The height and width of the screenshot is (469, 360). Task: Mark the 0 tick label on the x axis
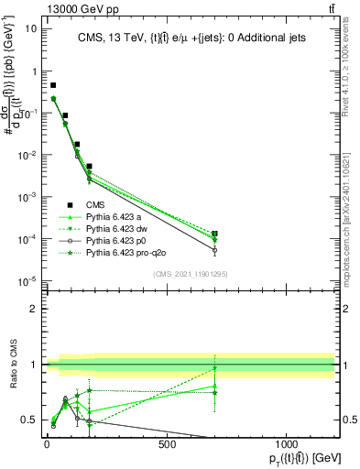click(47, 445)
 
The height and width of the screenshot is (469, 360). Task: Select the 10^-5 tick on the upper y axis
click(27, 281)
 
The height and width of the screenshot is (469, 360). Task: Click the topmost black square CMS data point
click(53, 85)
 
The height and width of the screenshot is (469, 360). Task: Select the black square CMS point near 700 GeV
click(214, 234)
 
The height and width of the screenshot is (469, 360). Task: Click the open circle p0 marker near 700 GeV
click(214, 250)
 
